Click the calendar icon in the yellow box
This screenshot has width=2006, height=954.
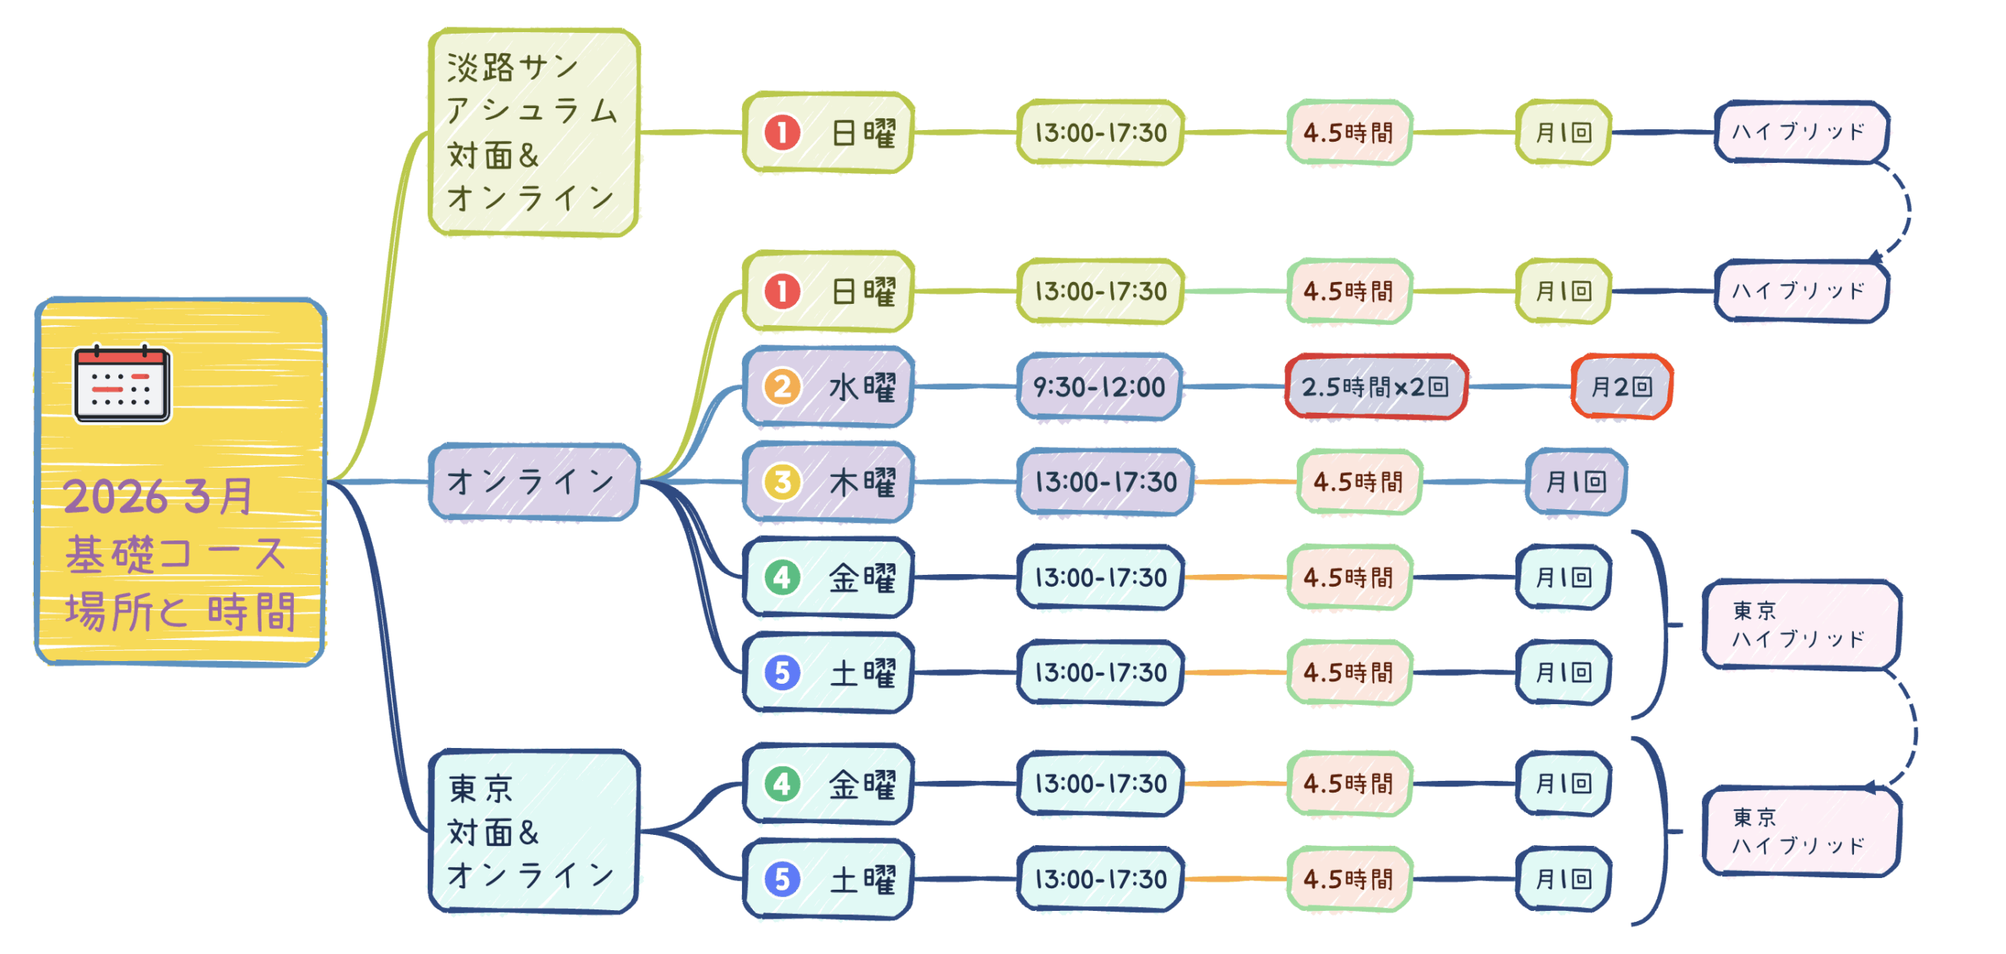[x=122, y=384]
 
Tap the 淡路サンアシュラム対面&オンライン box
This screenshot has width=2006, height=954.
[x=533, y=132]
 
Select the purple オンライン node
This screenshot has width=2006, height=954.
[x=533, y=482]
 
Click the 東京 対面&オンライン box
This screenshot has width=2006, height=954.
[x=533, y=831]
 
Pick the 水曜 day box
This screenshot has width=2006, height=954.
[x=827, y=387]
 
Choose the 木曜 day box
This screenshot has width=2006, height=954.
[x=827, y=482]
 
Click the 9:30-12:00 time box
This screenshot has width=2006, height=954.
[x=1099, y=387]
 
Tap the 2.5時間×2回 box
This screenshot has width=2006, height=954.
[x=1375, y=387]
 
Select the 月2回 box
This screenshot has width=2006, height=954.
[x=1621, y=387]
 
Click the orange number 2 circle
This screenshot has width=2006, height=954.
[x=782, y=387]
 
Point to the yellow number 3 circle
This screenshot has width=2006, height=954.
[x=782, y=482]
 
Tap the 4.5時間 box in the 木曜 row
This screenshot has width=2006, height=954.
[x=1358, y=482]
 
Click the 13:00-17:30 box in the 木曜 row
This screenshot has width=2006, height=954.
[x=1105, y=482]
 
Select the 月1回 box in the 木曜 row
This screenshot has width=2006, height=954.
[x=1576, y=482]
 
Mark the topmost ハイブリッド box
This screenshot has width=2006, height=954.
[x=1800, y=132]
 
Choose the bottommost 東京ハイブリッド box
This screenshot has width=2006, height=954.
[x=1800, y=831]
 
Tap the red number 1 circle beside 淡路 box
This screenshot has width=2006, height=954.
[x=782, y=132]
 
